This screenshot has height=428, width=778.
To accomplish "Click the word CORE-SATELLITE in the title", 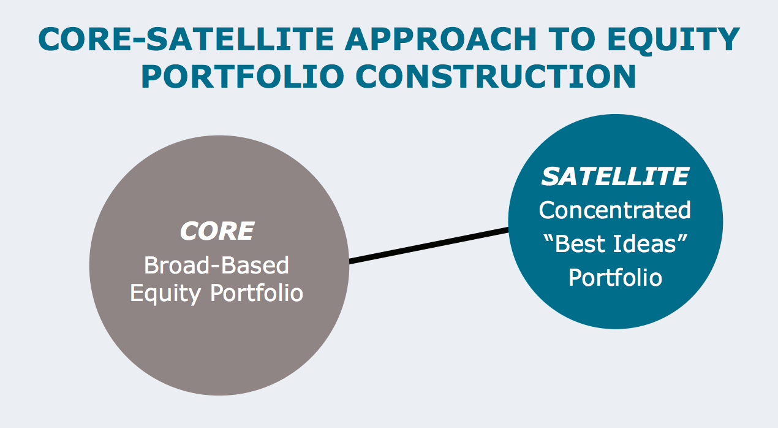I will [x=184, y=40].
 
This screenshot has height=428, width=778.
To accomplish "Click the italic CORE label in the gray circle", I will [x=216, y=232].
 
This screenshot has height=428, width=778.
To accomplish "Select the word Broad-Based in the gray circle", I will [x=216, y=266].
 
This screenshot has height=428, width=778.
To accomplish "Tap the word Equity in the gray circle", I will [x=165, y=293].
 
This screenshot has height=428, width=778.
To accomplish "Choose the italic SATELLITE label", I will [x=615, y=177].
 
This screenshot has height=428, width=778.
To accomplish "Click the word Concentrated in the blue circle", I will [x=615, y=210].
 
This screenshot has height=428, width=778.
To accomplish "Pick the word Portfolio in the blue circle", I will [x=615, y=278].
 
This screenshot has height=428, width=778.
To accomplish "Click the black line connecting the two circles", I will [x=429, y=246].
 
